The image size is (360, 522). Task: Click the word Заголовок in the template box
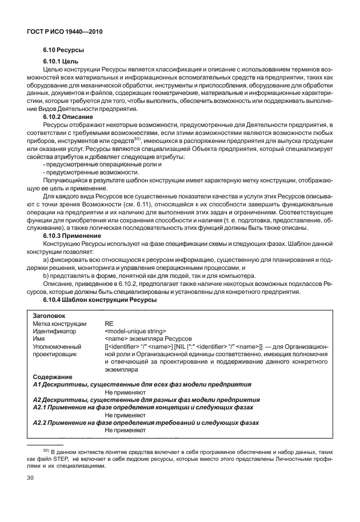[49, 315]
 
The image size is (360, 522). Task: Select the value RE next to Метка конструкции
[109, 323]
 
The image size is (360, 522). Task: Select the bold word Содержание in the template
[53, 377]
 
